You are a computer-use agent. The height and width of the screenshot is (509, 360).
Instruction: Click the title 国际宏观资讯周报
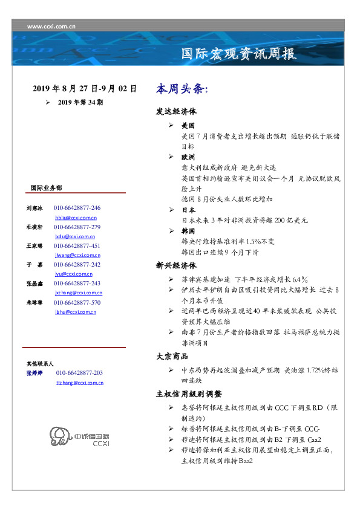tap(239, 54)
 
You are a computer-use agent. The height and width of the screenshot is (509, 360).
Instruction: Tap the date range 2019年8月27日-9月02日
tap(85, 89)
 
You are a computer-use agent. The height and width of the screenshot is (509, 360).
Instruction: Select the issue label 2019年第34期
tap(80, 103)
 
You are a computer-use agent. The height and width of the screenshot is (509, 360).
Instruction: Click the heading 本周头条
tap(182, 89)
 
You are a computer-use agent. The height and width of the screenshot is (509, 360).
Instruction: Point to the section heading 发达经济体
tap(176, 112)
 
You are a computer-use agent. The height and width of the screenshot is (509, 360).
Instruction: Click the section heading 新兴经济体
tap(176, 265)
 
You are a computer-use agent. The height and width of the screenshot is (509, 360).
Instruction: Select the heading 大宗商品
tap(172, 356)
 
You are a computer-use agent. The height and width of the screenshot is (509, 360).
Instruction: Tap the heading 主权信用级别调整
tap(189, 394)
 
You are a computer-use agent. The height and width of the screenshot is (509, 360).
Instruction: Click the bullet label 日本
tap(189, 210)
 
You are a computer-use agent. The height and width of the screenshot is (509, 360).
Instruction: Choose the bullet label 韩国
tap(189, 232)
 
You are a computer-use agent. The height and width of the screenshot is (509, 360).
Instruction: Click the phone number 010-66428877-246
tap(77, 208)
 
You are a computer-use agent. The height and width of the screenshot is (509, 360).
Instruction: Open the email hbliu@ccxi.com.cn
tap(76, 217)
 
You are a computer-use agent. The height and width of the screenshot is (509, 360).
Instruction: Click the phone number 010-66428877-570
tap(77, 302)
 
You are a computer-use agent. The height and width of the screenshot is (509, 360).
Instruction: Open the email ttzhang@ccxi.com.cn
tap(79, 383)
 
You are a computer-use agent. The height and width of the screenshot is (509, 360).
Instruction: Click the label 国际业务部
tap(47, 188)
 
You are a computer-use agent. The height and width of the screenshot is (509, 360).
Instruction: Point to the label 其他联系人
tap(40, 364)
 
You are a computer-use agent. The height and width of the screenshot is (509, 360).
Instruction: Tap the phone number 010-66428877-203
tap(79, 373)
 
